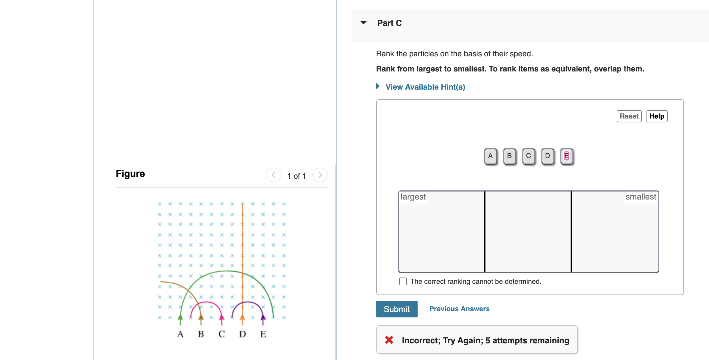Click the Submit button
396,309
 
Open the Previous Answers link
459,309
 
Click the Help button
657,116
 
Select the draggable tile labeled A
491,156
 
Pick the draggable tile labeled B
510,156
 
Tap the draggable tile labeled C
529,156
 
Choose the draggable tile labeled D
548,156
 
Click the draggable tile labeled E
567,156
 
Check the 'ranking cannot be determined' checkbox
403,281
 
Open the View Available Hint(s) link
425,87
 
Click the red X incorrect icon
389,340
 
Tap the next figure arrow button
320,175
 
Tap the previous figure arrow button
274,175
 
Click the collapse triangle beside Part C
363,23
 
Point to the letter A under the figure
180,334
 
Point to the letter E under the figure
263,334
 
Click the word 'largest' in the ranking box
413,197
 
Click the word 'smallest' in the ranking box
641,197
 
